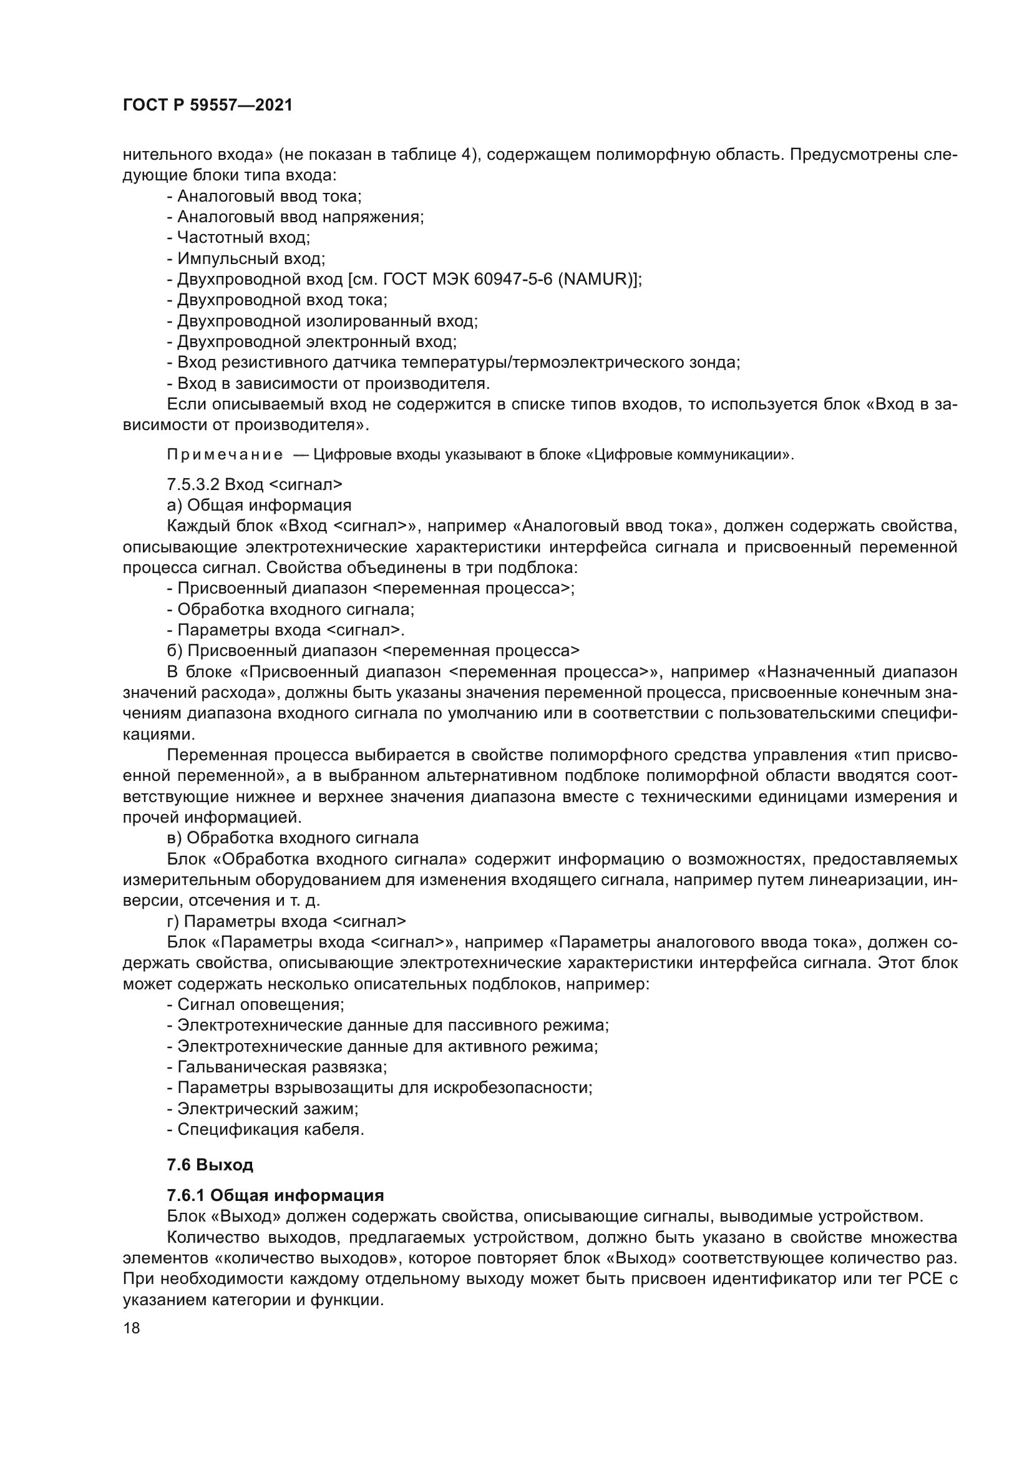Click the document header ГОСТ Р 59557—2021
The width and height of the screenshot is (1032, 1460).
(207, 105)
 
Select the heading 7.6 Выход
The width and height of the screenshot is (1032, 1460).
(210, 1165)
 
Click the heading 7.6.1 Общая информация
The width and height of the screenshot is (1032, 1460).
(275, 1195)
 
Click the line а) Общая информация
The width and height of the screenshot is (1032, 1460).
(259, 505)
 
